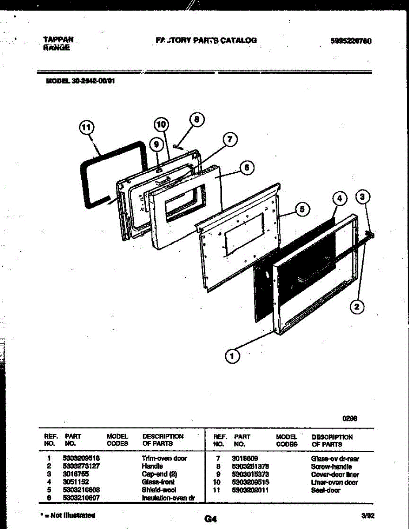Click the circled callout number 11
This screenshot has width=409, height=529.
(87, 128)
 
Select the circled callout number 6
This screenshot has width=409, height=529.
(247, 168)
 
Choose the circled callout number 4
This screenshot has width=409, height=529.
(339, 199)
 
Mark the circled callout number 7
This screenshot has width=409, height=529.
(229, 140)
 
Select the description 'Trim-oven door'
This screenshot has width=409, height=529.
(164, 458)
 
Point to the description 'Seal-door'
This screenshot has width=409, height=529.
(326, 490)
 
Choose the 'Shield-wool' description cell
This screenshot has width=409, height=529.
(159, 490)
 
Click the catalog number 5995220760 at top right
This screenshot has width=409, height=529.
(351, 41)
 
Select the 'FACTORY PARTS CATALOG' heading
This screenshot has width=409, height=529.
(206, 40)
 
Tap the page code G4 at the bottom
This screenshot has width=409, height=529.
(211, 519)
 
